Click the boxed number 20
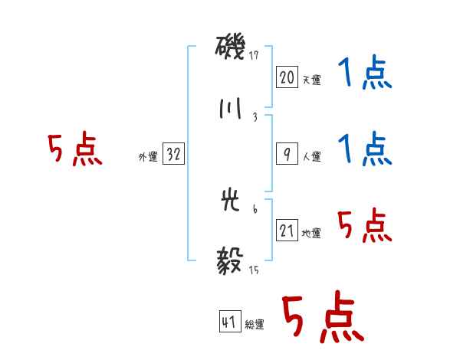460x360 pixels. (287, 77)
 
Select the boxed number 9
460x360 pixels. (287, 154)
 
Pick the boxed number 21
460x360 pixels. (287, 231)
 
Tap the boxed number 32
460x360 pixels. (173, 155)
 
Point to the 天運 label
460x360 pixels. (311, 80)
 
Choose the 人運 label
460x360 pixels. (311, 157)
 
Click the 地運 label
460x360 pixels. (311, 234)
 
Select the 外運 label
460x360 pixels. (148, 157)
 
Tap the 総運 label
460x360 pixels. (255, 326)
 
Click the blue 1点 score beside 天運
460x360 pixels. (365, 74)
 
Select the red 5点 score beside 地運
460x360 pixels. (365, 226)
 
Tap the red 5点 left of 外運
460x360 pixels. (75, 150)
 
